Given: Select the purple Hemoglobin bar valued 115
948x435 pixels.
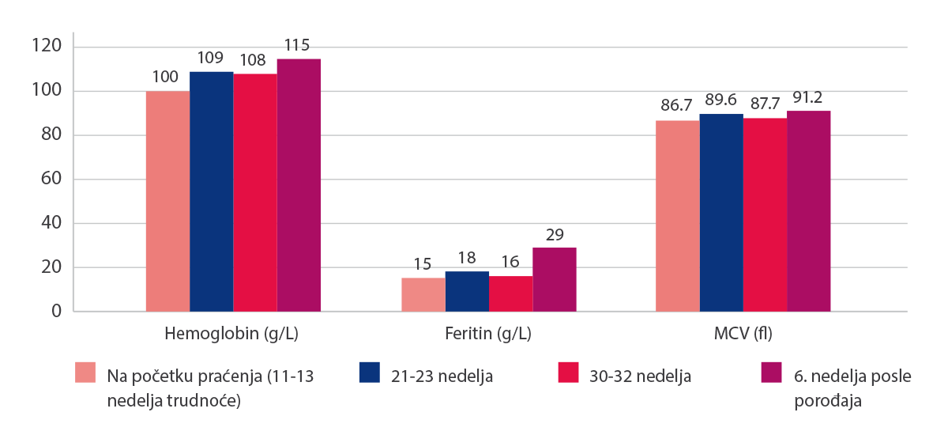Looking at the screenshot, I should pyautogui.click(x=299, y=185).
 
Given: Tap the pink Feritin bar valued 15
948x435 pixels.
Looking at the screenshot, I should pyautogui.click(x=423, y=294).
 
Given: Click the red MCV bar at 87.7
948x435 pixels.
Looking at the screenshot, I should pyautogui.click(x=765, y=214).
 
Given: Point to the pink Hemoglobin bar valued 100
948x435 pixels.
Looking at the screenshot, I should pyautogui.click(x=167, y=201).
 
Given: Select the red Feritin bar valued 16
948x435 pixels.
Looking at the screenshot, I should pyautogui.click(x=511, y=293).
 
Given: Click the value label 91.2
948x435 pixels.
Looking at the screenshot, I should pyautogui.click(x=809, y=99).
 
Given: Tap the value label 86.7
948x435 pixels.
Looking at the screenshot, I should pyautogui.click(x=677, y=106).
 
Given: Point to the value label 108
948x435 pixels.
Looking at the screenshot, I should pyautogui.click(x=254, y=59).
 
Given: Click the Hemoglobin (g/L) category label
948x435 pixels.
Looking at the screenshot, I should pyautogui.click(x=231, y=334).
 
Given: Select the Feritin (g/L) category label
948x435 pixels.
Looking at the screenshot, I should pyautogui.click(x=487, y=334).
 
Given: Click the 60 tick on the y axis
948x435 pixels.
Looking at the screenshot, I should pyautogui.click(x=52, y=180).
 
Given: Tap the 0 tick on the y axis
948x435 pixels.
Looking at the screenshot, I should pyautogui.click(x=56, y=312).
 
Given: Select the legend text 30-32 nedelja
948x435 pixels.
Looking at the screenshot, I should pyautogui.click(x=641, y=376).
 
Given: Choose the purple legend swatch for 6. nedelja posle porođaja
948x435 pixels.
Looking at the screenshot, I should pyautogui.click(x=769, y=373).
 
